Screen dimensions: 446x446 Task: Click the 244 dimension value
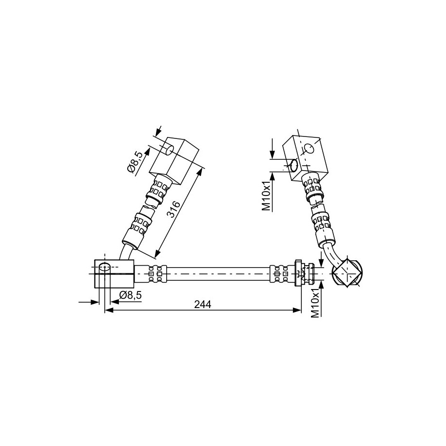click(202, 304)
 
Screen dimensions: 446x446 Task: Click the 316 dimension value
click(173, 209)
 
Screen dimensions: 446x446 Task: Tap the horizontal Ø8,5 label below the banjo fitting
click(131, 295)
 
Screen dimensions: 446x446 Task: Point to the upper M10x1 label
click(266, 197)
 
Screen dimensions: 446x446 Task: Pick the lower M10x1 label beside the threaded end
click(315, 304)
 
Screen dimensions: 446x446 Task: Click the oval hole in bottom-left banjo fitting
click(105, 267)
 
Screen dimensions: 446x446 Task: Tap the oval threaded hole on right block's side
click(294, 166)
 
